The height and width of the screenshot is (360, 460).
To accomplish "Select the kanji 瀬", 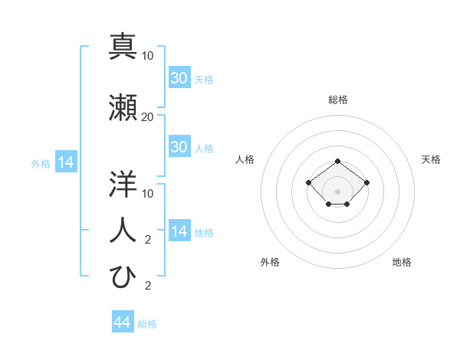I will click(123, 109).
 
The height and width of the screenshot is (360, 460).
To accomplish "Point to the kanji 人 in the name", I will click(123, 229).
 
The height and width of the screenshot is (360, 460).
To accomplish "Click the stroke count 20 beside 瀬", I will click(148, 117).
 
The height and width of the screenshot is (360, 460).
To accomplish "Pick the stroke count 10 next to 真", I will click(148, 56).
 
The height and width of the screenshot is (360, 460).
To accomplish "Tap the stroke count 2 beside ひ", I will click(148, 286).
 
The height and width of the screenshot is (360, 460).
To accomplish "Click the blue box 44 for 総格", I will click(122, 323).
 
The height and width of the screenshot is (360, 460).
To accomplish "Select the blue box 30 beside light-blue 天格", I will click(179, 78).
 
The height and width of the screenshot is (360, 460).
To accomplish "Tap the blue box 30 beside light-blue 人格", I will click(179, 148).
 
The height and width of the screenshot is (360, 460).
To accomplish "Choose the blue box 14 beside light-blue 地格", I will click(179, 232).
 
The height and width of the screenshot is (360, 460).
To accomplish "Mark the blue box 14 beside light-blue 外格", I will click(65, 162).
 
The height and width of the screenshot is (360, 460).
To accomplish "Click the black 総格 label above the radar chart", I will click(338, 100).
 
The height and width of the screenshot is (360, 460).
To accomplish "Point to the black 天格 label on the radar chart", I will click(432, 159).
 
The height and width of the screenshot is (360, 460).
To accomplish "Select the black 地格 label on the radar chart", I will click(402, 263).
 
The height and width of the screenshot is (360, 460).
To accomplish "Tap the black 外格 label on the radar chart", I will click(270, 263).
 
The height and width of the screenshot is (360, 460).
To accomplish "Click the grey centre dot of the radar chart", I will click(338, 191).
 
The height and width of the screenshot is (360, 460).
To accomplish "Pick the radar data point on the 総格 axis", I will click(338, 161).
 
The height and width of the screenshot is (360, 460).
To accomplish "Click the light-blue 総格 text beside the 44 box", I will click(147, 324).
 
